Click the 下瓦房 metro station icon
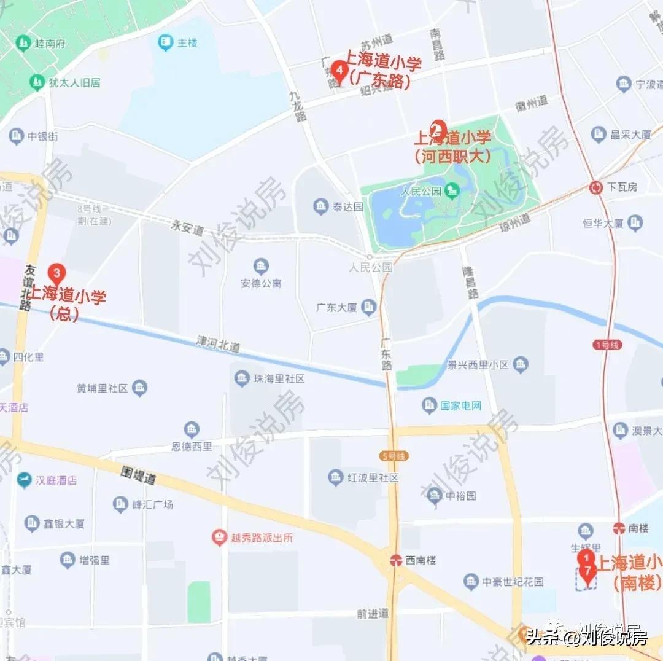tap(595, 188)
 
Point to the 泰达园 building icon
tap(320, 206)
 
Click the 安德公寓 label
tap(261, 283)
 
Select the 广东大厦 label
tap(336, 307)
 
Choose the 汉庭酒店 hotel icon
tap(24, 480)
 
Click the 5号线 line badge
tap(394, 456)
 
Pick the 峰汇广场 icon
tap(121, 504)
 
